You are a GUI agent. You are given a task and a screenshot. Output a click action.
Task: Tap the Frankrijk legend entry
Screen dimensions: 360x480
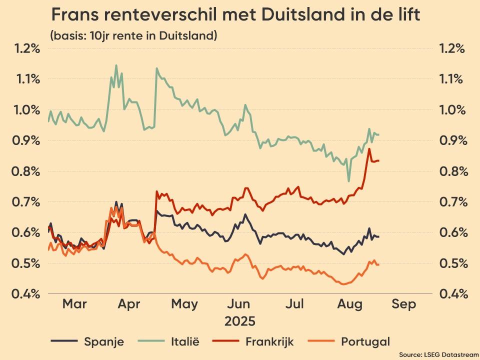click(269, 342)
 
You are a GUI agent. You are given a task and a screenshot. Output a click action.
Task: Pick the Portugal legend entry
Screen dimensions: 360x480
click(365, 342)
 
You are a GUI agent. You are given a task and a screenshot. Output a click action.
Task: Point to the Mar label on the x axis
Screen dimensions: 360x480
click(74, 304)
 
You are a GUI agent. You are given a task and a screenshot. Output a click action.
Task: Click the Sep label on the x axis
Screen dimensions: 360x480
click(404, 304)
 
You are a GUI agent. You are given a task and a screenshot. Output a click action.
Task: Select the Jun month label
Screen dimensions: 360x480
click(239, 304)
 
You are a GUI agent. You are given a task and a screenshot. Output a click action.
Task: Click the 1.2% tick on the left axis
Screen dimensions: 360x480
click(26, 48)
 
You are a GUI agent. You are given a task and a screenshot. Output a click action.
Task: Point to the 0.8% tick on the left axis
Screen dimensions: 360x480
click(26, 171)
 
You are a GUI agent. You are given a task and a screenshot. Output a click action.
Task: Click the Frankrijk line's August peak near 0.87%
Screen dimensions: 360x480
click(369, 149)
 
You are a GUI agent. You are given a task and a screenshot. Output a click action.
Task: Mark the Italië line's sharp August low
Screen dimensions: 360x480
click(348, 181)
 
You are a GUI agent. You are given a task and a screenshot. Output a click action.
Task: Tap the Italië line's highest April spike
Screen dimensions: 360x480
click(116, 65)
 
